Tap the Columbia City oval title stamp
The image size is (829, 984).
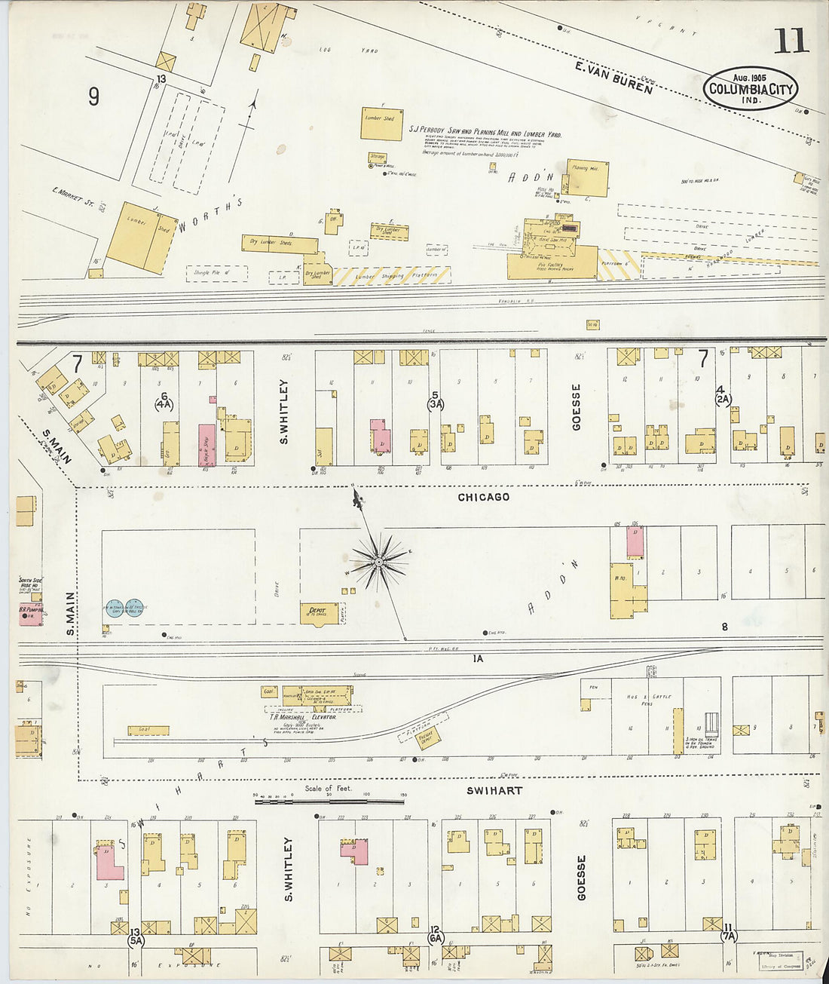(x=751, y=89)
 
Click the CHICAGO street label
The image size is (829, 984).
(x=484, y=497)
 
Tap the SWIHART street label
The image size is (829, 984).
(x=494, y=790)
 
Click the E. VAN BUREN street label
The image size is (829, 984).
(x=613, y=78)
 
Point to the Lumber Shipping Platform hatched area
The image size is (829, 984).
(x=392, y=276)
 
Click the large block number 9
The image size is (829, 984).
(x=93, y=97)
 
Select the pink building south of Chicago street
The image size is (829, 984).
(x=635, y=542)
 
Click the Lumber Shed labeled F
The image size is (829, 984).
(x=381, y=123)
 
